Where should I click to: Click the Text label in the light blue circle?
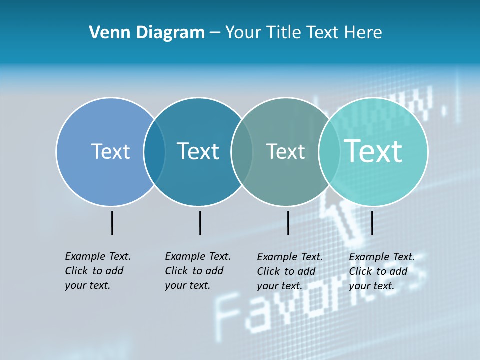110,151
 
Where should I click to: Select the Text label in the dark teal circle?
198,151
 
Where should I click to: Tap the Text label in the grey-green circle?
285,151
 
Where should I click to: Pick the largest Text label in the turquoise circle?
373,151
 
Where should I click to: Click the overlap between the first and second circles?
154,152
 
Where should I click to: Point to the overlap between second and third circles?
242,152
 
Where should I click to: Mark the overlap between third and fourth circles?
329,152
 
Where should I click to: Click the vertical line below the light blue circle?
112,223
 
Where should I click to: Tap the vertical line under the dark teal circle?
200,223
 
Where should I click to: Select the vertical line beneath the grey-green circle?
288,223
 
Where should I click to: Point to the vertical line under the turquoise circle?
372,223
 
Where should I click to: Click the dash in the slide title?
215,33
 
